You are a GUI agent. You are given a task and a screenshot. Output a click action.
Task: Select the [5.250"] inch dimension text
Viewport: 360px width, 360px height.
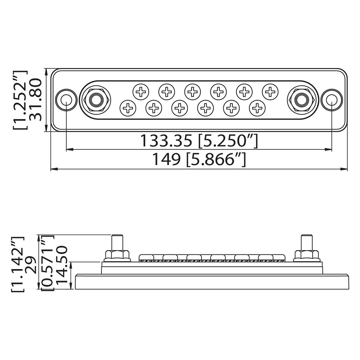point(228,141)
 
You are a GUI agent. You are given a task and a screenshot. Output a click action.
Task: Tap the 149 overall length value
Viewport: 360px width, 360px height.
point(167,159)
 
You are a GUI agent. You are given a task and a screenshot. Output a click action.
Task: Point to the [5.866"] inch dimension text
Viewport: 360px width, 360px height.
point(216,159)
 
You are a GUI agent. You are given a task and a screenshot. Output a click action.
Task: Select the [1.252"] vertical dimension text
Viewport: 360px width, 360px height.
point(20,100)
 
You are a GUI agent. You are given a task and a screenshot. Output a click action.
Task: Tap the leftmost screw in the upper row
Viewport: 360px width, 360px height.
point(141,92)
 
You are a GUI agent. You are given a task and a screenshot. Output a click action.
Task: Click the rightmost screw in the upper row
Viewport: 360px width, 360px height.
point(270,92)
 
